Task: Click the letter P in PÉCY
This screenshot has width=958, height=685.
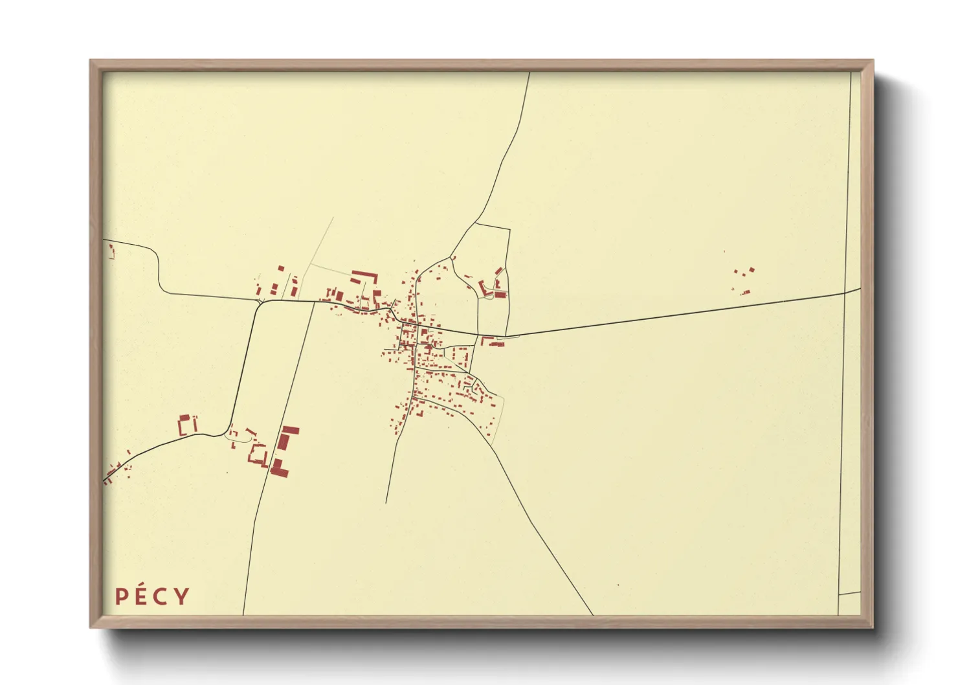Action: [x=120, y=596]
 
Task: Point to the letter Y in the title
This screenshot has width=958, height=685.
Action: [x=182, y=596]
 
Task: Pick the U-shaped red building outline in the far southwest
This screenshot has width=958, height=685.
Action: [x=187, y=425]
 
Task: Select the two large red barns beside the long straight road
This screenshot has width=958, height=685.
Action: [x=284, y=450]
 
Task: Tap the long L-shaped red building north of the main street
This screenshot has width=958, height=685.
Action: [x=364, y=277]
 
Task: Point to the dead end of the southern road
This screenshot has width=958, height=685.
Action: [x=386, y=502]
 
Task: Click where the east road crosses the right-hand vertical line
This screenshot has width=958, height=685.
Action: [x=846, y=293]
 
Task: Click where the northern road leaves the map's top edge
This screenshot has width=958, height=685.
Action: [x=529, y=73]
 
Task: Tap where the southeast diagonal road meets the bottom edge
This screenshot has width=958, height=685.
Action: [x=592, y=614]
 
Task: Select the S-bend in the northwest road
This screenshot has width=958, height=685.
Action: [x=159, y=272]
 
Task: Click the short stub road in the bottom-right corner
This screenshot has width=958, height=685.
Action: [x=849, y=593]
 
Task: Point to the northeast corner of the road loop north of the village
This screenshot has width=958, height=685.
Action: [x=509, y=229]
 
